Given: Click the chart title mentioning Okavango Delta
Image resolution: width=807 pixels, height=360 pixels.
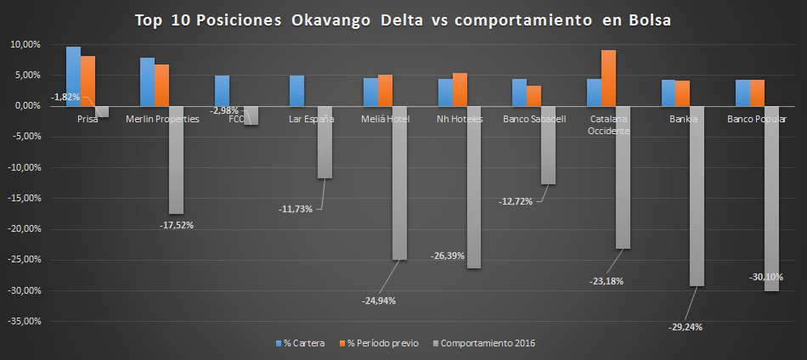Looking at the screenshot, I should pos(403,20).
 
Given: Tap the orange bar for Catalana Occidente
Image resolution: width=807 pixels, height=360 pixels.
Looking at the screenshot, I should pos(608,78).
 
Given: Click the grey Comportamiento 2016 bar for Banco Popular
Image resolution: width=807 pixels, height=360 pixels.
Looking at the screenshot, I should pos(771,199).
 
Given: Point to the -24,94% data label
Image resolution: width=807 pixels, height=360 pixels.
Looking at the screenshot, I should pos(378,300).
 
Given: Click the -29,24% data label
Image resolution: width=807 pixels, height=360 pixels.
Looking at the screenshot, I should pos(686,326).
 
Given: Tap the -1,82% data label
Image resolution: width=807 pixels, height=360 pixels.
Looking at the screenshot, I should pos(66,97).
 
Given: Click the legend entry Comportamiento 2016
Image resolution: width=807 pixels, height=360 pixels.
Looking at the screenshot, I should pos(484,343).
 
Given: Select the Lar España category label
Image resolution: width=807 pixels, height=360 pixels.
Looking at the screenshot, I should pos(311,120).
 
